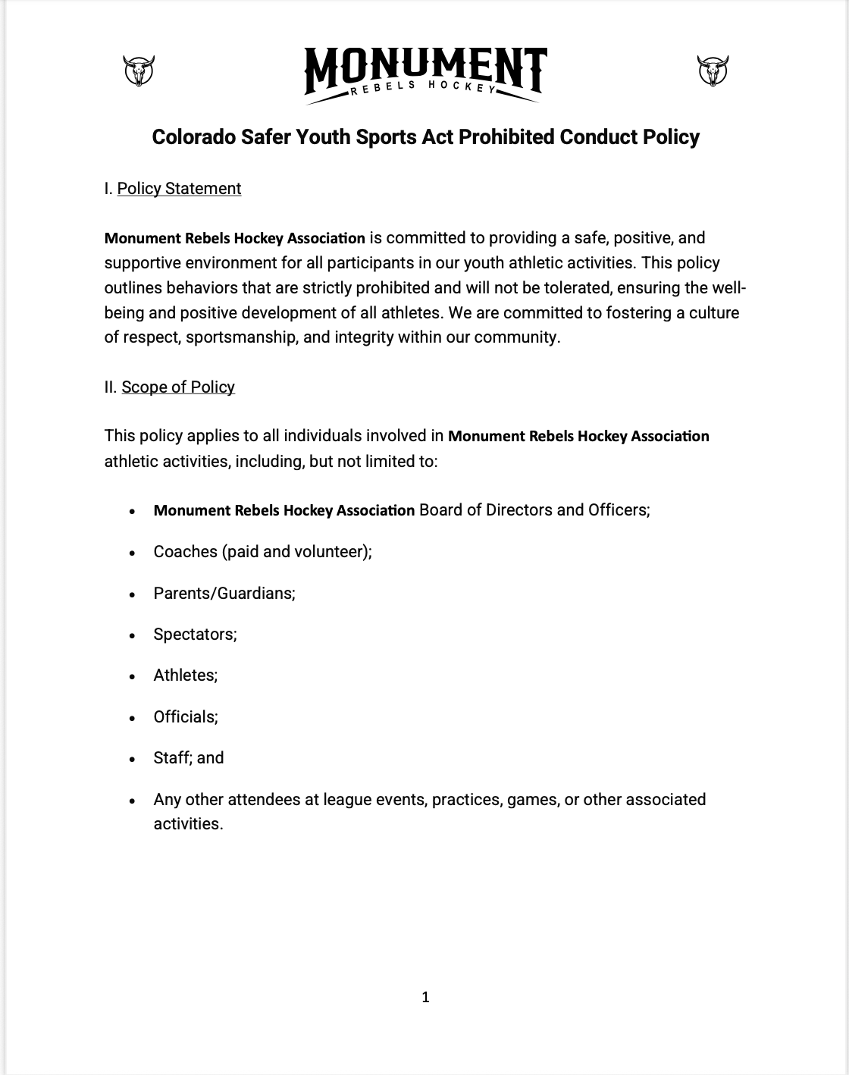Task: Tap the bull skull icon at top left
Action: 138,71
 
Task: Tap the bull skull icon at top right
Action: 713,71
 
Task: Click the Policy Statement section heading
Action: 179,189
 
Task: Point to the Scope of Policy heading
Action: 178,387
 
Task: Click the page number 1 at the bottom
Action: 425,997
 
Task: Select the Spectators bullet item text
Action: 195,635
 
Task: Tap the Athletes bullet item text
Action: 185,675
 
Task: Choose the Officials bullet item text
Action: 186,717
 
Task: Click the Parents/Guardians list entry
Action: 224,594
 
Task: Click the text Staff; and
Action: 189,758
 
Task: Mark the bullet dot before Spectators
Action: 133,635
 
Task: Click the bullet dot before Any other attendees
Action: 133,801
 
